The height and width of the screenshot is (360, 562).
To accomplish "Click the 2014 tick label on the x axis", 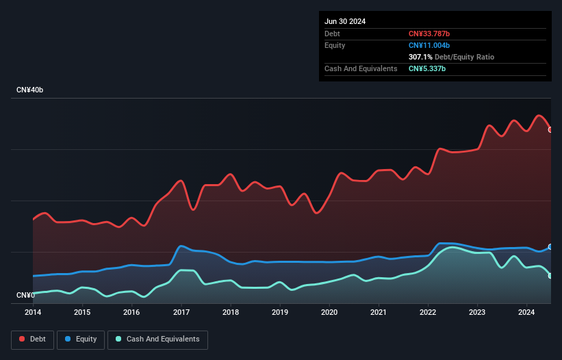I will coord(33,312).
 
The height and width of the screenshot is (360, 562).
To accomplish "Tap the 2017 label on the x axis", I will coord(181,312).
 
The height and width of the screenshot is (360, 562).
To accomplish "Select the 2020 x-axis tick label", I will coord(329,312).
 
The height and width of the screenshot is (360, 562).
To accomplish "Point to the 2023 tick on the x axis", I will coord(478,312).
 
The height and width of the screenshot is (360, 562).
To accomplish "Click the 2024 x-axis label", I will coord(527,312).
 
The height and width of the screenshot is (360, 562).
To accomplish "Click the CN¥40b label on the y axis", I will coord(30,90).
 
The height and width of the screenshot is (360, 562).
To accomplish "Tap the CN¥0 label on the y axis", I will coord(25,295).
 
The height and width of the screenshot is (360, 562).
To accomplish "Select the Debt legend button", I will coord(31,339).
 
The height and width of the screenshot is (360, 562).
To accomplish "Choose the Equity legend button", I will coord(81,339).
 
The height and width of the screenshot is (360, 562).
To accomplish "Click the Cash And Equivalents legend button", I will coord(157,339).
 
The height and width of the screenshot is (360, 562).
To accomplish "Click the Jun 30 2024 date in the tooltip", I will coord(345,21).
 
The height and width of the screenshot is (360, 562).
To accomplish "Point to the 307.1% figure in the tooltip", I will coord(420,57).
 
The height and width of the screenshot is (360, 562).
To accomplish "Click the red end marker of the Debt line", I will coord(550,129).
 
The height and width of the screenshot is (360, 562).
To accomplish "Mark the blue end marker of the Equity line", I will coord(550,246).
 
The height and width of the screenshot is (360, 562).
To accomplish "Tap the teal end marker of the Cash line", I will coord(550,276).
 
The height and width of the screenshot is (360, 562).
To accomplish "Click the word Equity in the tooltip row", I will coord(335,45).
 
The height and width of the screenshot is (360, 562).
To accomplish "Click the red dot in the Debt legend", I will coord(22,339).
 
